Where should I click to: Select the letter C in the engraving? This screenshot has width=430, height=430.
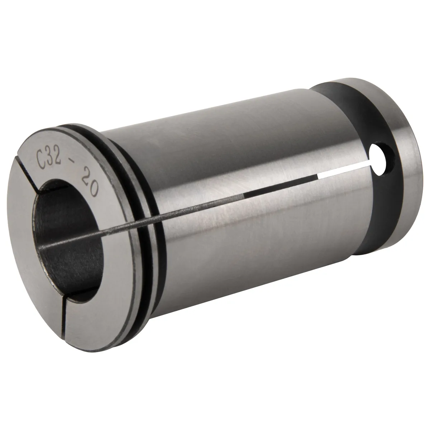click(41, 161)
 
